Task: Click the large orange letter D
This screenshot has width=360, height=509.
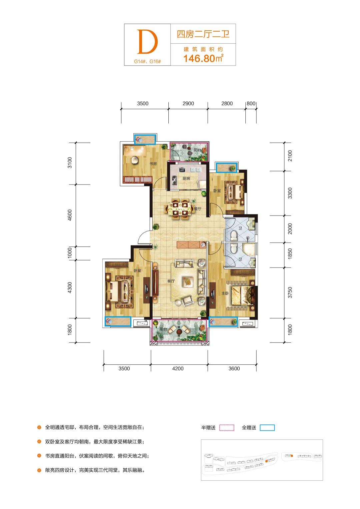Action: [147, 42]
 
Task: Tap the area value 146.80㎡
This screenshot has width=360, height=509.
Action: [203, 58]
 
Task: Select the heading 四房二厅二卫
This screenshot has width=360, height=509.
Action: [203, 34]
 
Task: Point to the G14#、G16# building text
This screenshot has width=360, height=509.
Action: [147, 61]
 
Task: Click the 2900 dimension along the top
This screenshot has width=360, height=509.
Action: [188, 104]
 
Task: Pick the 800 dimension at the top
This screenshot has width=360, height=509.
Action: [251, 104]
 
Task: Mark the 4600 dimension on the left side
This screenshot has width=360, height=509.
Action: [70, 215]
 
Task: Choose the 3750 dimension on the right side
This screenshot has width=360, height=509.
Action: [290, 293]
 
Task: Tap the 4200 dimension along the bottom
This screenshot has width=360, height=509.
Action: [178, 368]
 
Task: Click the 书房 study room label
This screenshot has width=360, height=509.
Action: [153, 164]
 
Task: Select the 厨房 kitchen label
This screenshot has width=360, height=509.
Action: [186, 179]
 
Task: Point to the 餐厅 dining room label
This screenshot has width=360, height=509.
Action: [198, 209]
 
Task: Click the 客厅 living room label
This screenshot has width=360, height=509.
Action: [171, 281]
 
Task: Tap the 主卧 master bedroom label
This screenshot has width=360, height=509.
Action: [225, 293]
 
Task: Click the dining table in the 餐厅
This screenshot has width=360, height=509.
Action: [179, 209]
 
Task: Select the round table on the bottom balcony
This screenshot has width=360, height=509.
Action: [179, 331]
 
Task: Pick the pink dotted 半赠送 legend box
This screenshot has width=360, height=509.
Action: [227, 427]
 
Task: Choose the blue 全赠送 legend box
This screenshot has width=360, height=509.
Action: [267, 428]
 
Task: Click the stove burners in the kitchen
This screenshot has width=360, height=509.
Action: [175, 180]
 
